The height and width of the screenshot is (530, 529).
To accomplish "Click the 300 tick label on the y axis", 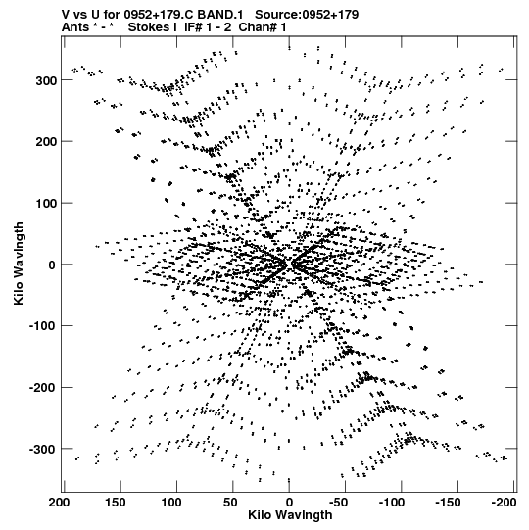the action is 46,81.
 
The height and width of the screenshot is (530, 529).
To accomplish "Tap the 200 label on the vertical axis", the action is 46,142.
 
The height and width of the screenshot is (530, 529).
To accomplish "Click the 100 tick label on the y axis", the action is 46,204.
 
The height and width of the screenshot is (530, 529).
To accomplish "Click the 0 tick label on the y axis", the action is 52,265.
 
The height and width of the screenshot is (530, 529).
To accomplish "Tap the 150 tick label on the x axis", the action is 116,503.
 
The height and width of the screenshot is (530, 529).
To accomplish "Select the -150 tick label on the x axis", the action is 448,503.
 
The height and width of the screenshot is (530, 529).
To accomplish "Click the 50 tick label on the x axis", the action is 230,503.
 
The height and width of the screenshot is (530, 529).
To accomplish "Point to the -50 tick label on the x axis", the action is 338,503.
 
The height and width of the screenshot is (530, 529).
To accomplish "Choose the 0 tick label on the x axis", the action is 289,503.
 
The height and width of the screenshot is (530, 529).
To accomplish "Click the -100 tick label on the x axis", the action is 391,503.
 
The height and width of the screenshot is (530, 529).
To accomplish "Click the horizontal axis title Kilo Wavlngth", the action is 290,515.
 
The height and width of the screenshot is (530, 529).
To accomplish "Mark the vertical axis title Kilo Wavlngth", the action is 19,264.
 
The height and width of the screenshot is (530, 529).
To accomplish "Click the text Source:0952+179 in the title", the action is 307,15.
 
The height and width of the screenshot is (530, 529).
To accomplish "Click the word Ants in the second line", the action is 75,27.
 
